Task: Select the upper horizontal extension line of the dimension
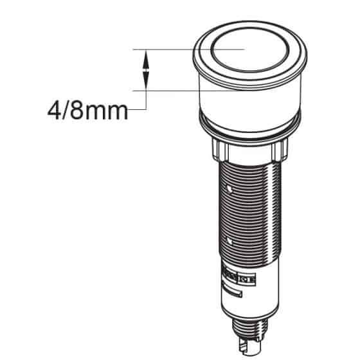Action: (x=164, y=49)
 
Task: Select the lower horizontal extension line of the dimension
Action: (x=164, y=91)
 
